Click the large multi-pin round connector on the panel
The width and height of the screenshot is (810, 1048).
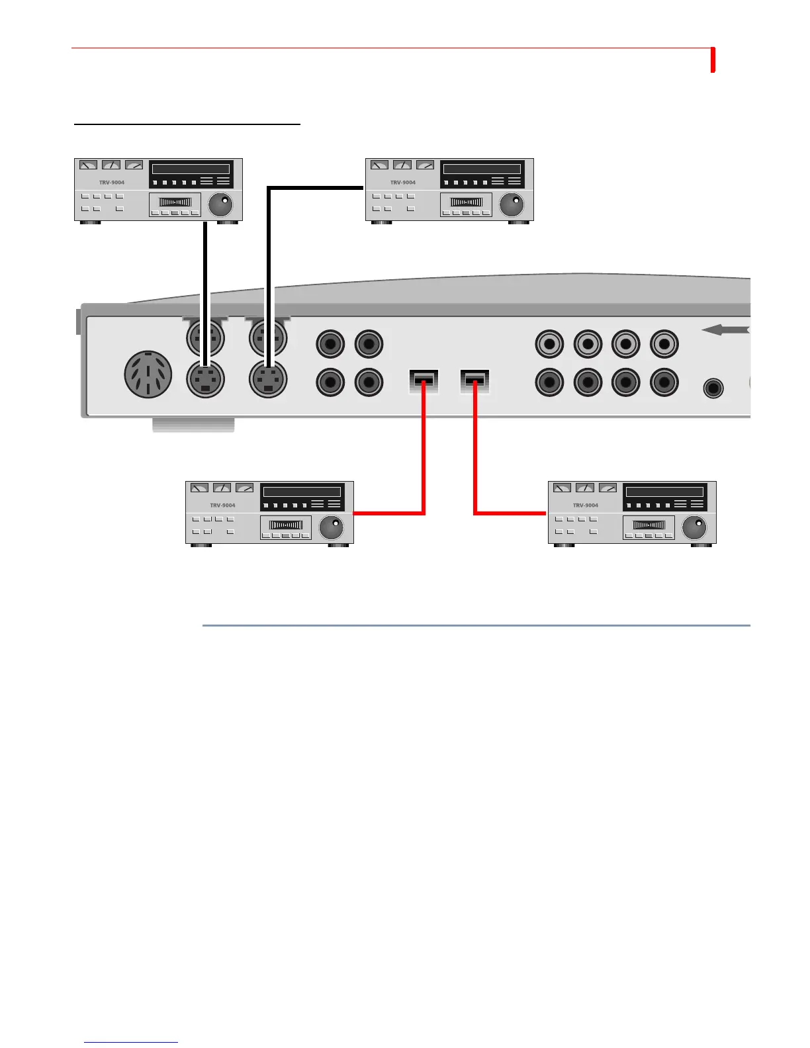pyautogui.click(x=148, y=374)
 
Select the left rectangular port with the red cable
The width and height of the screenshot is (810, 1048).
pyautogui.click(x=424, y=382)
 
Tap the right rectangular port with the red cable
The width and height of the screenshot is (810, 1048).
pyautogui.click(x=474, y=382)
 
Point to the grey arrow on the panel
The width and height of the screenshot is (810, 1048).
pyautogui.click(x=725, y=329)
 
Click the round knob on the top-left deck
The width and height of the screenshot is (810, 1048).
pyautogui.click(x=220, y=204)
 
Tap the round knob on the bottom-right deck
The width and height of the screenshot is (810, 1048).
pyautogui.click(x=694, y=527)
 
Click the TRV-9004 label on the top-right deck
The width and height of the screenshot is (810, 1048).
pyautogui.click(x=403, y=183)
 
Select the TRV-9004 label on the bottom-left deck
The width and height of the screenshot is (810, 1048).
pyautogui.click(x=223, y=505)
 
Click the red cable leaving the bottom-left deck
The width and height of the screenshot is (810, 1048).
pyautogui.click(x=390, y=513)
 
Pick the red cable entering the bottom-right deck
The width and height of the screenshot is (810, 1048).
pyautogui.click(x=510, y=513)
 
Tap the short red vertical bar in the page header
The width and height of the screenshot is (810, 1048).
pyautogui.click(x=713, y=60)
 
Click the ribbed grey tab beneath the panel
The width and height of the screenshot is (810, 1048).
pyautogui.click(x=193, y=425)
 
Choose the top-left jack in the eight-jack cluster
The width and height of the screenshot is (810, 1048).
pyautogui.click(x=549, y=343)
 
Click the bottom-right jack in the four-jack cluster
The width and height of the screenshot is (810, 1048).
pyautogui.click(x=369, y=382)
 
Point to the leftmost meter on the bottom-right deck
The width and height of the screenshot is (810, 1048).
pyautogui.click(x=562, y=488)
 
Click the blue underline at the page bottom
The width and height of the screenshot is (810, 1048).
pyautogui.click(x=131, y=1042)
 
